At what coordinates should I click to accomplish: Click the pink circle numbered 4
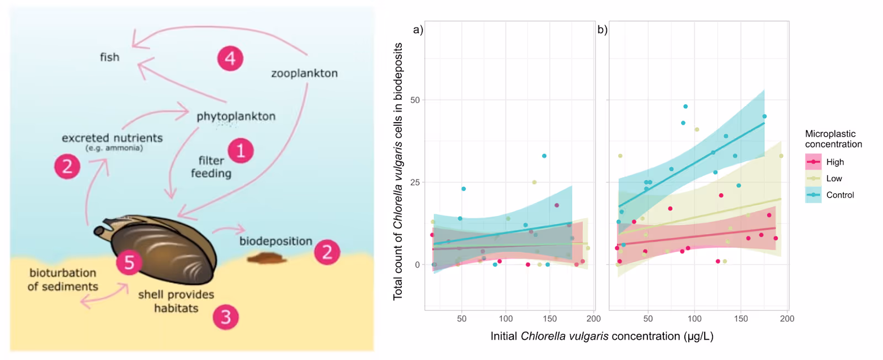tap(230, 58)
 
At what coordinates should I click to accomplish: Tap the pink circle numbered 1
tap(240, 150)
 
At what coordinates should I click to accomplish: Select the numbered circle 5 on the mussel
tap(129, 262)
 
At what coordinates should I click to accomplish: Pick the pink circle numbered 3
tap(226, 317)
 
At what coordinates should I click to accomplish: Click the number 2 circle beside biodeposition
tap(327, 252)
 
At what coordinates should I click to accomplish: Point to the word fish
tap(109, 57)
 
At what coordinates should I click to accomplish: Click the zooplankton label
tap(304, 73)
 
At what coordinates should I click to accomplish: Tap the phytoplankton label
tap(236, 117)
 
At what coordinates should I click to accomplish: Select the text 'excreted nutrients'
tap(112, 137)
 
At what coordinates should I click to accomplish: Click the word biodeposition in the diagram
tap(275, 241)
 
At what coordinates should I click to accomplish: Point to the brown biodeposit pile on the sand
tap(267, 258)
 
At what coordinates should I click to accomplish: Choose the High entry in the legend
tap(835, 162)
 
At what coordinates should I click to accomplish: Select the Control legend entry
tap(840, 195)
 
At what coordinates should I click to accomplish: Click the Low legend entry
tap(834, 178)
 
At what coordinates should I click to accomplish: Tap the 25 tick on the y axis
tap(415, 182)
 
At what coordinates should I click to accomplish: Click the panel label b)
tap(602, 30)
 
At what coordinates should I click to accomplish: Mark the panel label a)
tap(418, 30)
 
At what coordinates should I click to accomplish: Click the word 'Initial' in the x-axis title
tap(504, 336)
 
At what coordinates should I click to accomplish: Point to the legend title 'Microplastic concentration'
tap(833, 139)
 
